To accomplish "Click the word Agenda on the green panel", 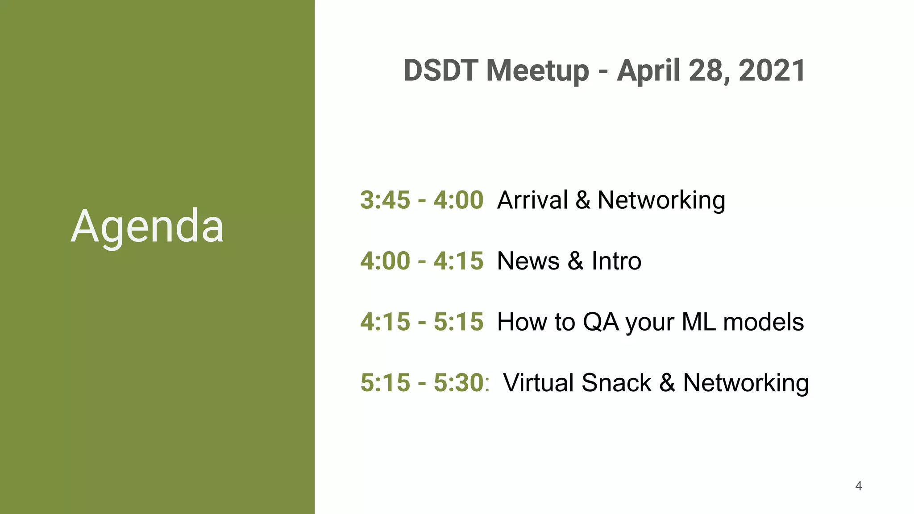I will [x=147, y=226].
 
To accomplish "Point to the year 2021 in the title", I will [x=772, y=70].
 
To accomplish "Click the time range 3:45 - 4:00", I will [x=422, y=200].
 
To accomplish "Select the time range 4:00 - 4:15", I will [x=422, y=261].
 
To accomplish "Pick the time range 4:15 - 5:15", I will [x=422, y=322].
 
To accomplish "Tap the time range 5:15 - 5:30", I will [x=422, y=383].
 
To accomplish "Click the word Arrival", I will [x=532, y=200].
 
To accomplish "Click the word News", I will [x=528, y=261].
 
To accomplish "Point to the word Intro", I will [x=616, y=261].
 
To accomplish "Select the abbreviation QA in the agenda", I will [x=601, y=322].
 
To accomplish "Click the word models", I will [x=763, y=322].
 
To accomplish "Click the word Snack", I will [x=616, y=383].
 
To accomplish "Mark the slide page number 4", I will [x=858, y=486].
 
